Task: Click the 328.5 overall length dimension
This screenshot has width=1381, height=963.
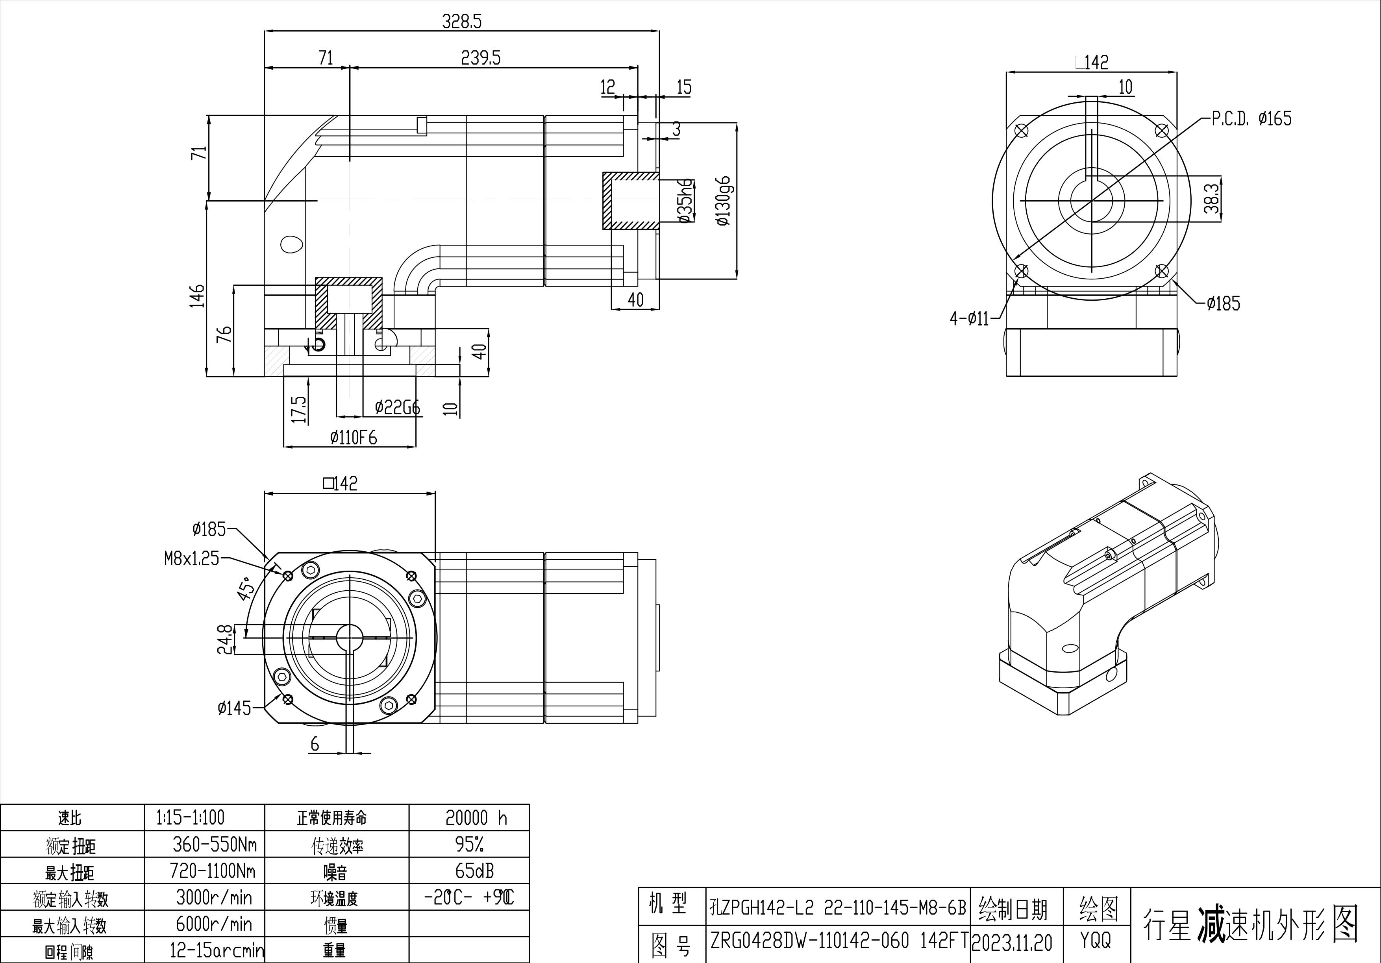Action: point(461,22)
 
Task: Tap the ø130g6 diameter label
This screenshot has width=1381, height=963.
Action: point(723,201)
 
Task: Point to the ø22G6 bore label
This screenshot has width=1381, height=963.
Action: point(397,408)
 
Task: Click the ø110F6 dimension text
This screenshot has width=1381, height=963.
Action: point(353,438)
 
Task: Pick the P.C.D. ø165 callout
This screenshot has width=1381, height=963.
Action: point(1251,118)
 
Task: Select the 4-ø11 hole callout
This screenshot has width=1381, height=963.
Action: point(969,319)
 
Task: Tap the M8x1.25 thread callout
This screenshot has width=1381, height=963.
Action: point(192,559)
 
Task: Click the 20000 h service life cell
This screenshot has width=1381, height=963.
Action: point(476,817)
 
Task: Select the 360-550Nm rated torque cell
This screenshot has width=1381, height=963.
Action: point(214,845)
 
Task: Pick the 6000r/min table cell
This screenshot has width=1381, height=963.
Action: point(213,924)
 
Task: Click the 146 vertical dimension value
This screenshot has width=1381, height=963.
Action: point(197,296)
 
